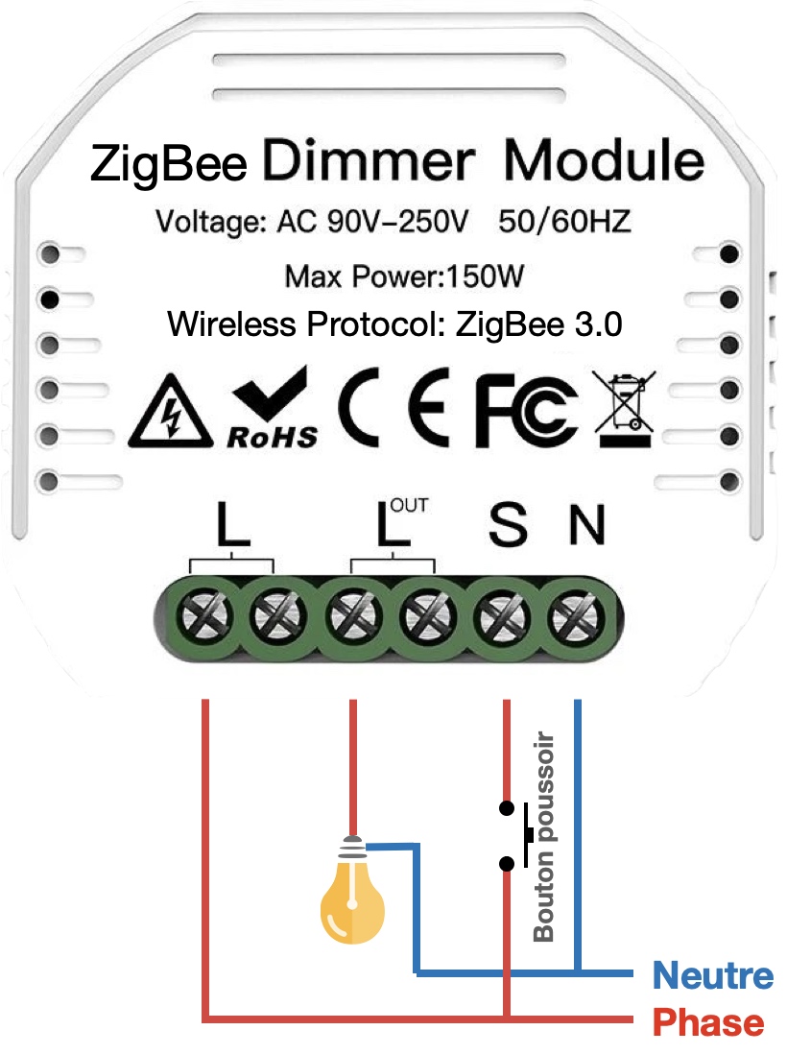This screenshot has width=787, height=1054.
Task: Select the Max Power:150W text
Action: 405,277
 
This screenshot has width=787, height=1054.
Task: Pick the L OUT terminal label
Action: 393,524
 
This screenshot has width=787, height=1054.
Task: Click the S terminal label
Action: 508,525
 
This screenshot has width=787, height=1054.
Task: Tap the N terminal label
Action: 586,525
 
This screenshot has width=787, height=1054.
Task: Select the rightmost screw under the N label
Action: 576,616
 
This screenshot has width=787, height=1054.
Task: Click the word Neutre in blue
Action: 712,976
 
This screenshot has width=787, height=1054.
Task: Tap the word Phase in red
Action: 708,1022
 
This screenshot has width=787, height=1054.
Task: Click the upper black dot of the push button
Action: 505,805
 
